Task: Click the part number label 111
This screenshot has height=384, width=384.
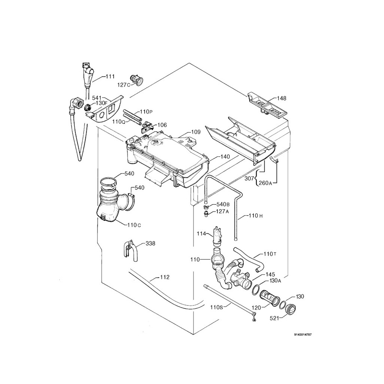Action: pos(110,76)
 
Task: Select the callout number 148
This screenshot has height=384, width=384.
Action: pos(282,98)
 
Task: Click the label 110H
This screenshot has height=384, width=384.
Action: pos(253,216)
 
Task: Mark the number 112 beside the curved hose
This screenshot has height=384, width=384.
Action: pos(165,277)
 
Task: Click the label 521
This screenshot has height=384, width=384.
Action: pos(275,318)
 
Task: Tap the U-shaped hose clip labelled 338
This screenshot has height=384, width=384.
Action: pos(128,249)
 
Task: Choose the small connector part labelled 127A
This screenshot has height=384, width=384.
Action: pos(205,213)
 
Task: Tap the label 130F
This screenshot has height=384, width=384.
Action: pos(101,103)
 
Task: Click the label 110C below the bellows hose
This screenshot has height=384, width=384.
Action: pos(134,225)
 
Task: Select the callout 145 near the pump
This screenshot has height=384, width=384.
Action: pos(270,274)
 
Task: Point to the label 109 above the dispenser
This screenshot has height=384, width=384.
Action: pos(196,132)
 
